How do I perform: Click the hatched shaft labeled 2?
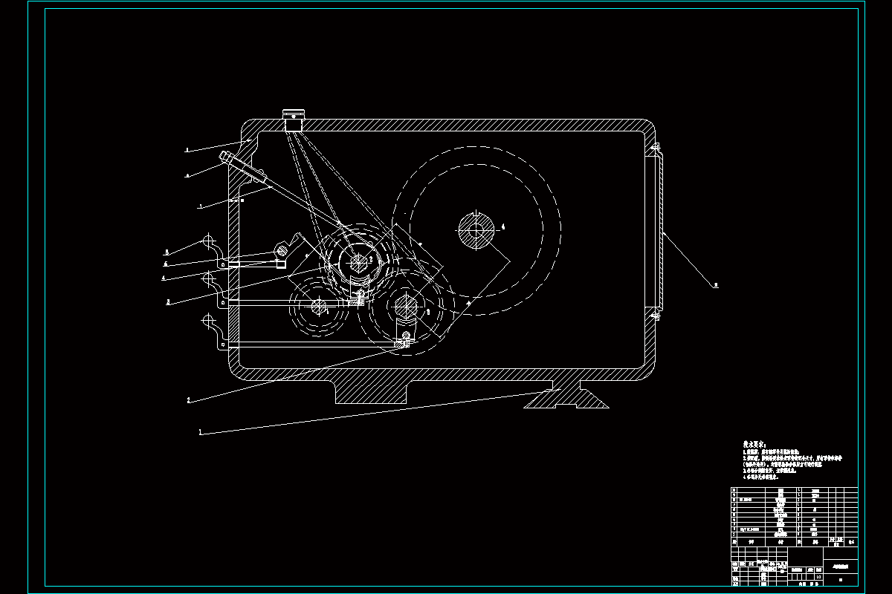click(357, 261)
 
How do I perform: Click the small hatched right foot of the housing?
click(566, 399)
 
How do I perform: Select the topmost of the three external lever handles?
click(208, 244)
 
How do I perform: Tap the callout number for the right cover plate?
click(716, 284)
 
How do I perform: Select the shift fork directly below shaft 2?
click(359, 295)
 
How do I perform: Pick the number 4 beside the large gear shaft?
click(503, 226)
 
